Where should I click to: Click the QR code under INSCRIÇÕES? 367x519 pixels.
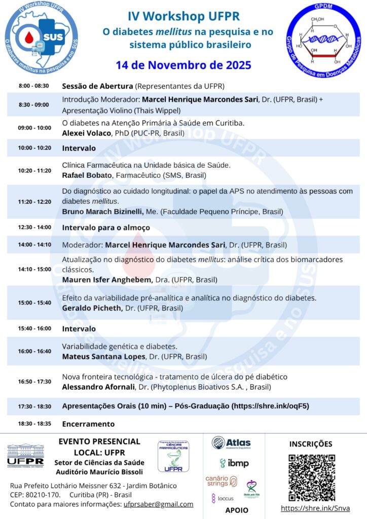point(312,477)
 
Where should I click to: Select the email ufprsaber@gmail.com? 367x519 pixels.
point(159,504)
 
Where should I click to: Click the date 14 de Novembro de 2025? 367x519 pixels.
point(183,65)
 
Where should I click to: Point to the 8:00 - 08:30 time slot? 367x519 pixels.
point(33,86)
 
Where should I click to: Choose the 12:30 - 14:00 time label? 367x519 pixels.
point(34,228)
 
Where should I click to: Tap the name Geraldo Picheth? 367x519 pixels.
point(91,308)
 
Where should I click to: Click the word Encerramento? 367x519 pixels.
point(88,424)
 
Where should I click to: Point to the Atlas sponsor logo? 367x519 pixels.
point(231,443)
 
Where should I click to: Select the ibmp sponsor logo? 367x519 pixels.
point(234,463)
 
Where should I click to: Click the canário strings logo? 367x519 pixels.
point(221,481)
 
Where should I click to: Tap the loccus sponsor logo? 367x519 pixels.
point(223,498)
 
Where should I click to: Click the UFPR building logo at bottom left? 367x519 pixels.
point(25,455)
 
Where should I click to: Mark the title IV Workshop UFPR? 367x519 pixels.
point(183,17)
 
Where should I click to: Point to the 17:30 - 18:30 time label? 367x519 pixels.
point(34,406)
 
